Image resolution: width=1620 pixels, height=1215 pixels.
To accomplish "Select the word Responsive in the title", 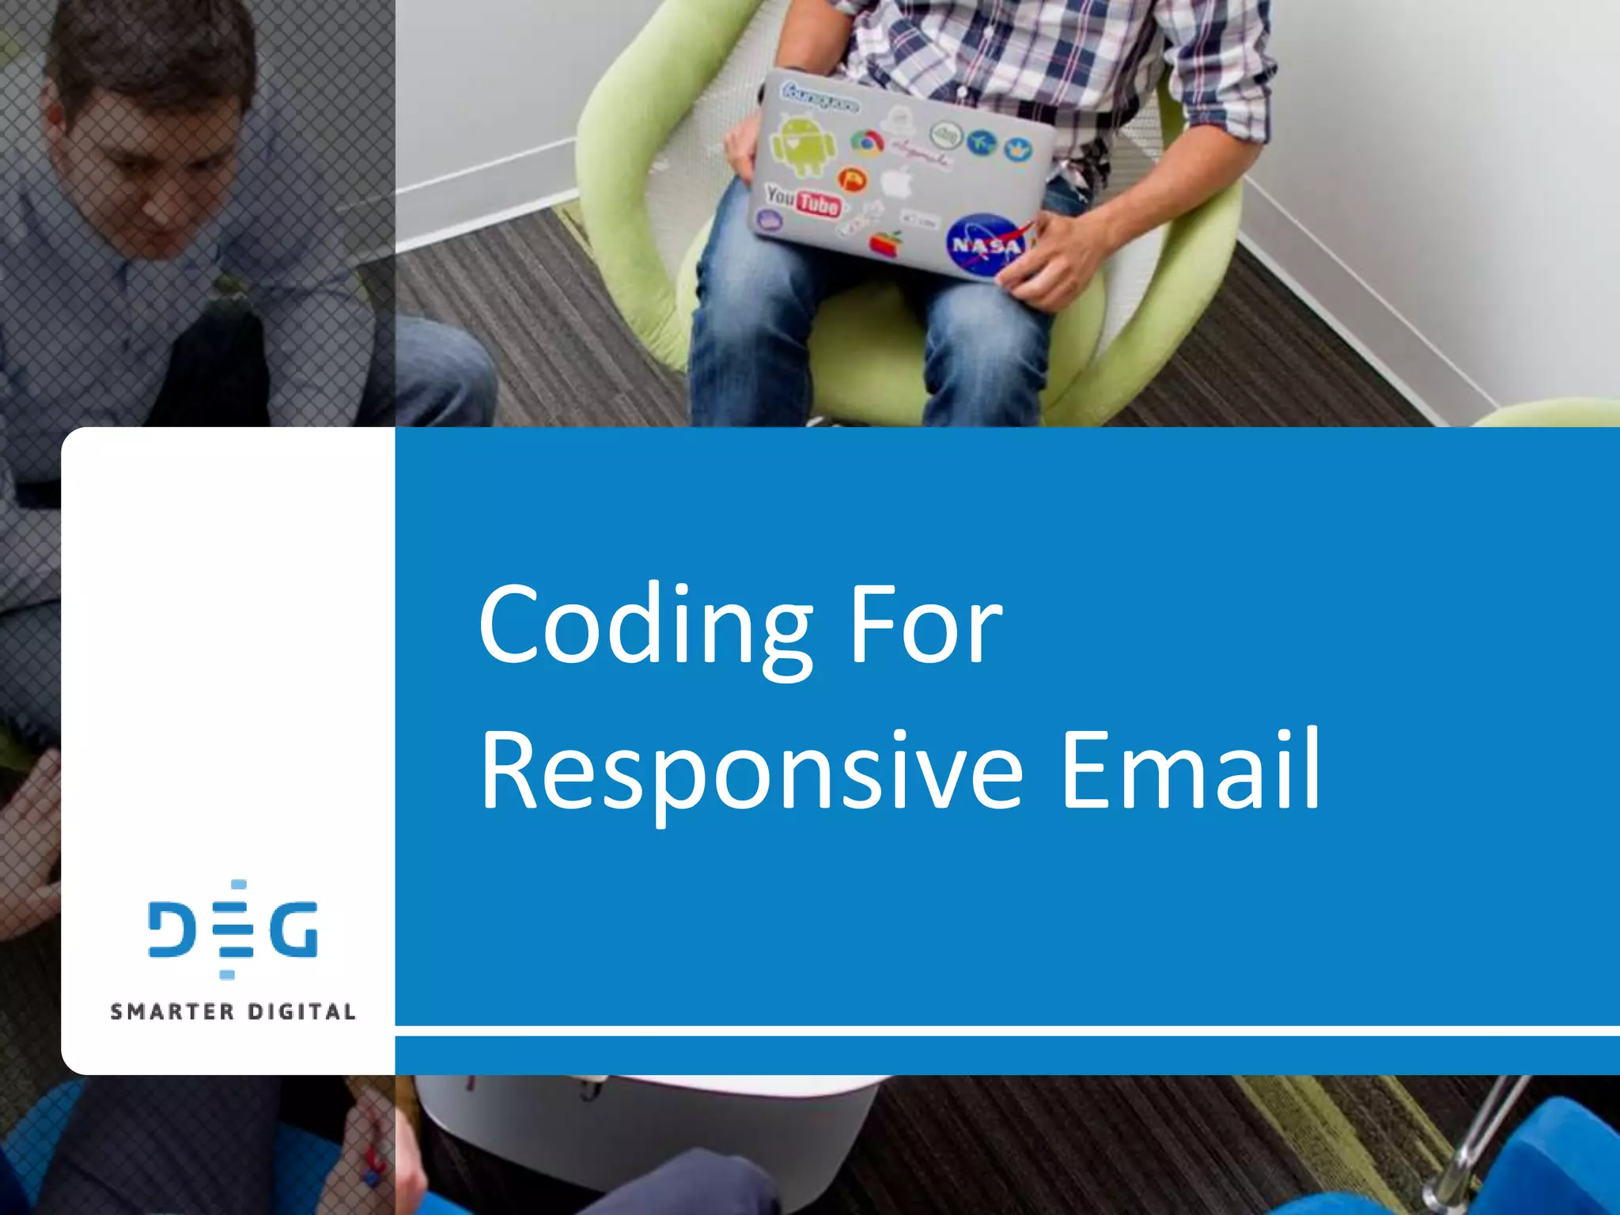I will coord(751,771).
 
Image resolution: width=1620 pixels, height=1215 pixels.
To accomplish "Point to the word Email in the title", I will coord(1190,771).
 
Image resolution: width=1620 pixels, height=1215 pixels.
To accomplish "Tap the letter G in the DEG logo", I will coord(293,929).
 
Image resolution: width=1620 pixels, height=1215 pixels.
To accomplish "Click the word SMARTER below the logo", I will coord(172,1012).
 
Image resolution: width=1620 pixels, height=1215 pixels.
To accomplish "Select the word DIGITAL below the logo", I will coord(301,1012).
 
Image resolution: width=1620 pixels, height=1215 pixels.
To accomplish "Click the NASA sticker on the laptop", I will coord(986,246).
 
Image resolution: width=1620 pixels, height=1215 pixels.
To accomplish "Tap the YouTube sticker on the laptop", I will coord(802,200).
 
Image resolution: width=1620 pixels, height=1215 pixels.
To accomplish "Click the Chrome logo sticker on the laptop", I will coord(867,143).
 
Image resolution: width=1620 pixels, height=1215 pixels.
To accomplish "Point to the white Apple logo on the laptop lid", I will coord(897,183).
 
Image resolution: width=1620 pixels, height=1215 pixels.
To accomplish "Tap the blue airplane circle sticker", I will coord(981,143).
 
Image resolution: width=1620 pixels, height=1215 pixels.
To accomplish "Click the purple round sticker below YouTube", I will coord(769,221).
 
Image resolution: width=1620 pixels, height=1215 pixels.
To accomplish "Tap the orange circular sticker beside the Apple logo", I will coord(852,180).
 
